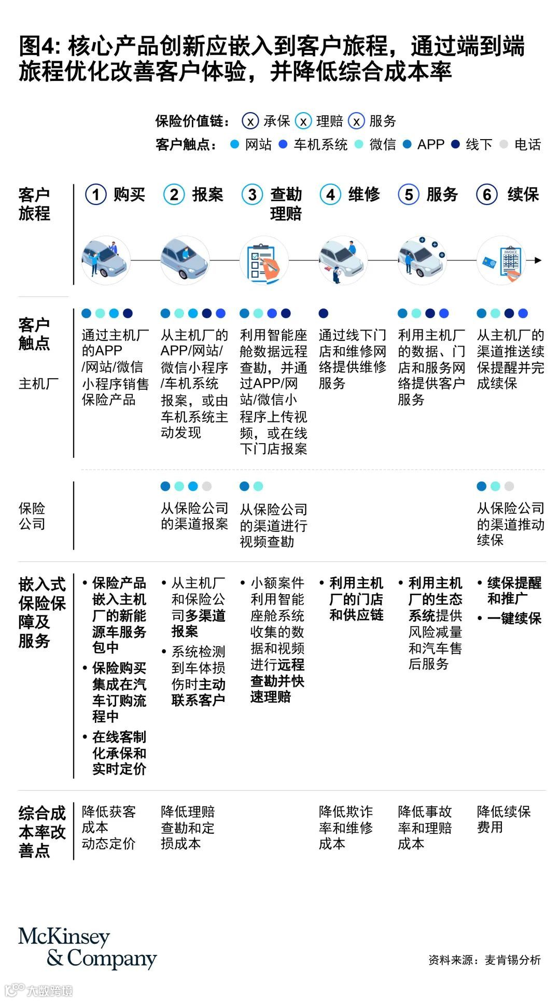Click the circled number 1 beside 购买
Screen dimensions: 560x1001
pyautogui.click(x=96, y=195)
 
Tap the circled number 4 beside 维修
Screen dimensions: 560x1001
pyautogui.click(x=330, y=195)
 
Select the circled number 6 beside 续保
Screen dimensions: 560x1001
pyautogui.click(x=487, y=195)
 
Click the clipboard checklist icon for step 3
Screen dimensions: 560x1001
pyautogui.click(x=264, y=261)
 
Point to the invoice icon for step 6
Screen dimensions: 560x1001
pyautogui.click(x=501, y=261)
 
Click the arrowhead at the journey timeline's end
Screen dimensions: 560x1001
pyautogui.click(x=538, y=260)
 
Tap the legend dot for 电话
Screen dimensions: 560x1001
pyautogui.click(x=503, y=145)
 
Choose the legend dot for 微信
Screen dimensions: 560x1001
pyautogui.click(x=359, y=145)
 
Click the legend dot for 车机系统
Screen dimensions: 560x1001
pyautogui.click(x=283, y=145)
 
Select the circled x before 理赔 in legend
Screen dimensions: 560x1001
pyautogui.click(x=303, y=121)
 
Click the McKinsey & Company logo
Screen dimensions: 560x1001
pyautogui.click(x=87, y=948)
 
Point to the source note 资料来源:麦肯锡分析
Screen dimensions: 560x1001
pyautogui.click(x=484, y=960)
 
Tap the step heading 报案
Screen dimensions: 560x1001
pyautogui.click(x=207, y=195)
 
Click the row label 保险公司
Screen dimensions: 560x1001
pyautogui.click(x=32, y=516)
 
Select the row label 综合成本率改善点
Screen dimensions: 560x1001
pyautogui.click(x=42, y=832)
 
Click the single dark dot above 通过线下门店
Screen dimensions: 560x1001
pyautogui.click(x=324, y=313)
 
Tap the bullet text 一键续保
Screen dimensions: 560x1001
pyautogui.click(x=514, y=618)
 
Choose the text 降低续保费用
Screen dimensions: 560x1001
pyautogui.click(x=503, y=819)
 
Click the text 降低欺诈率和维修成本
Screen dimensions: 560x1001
pyautogui.click(x=346, y=827)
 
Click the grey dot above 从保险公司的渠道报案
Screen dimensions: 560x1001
pyautogui.click(x=207, y=486)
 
